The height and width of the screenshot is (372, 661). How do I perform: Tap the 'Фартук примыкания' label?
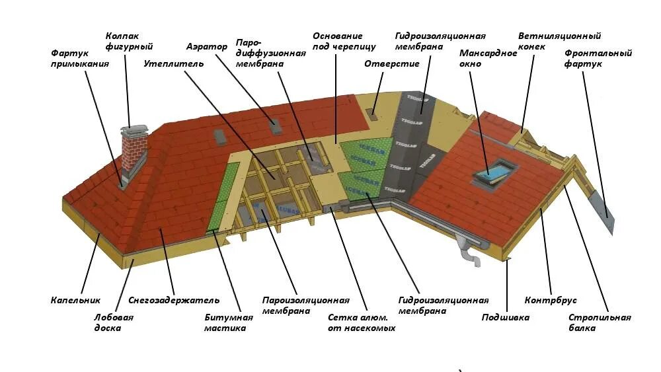(79, 58)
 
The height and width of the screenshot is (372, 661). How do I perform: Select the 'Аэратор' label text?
(206, 47)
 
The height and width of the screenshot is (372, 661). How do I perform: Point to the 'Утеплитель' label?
(174, 63)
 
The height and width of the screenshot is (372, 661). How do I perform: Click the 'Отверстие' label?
(392, 63)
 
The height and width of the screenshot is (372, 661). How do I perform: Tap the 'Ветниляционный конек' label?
(559, 41)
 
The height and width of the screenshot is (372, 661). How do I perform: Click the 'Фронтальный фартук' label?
(598, 58)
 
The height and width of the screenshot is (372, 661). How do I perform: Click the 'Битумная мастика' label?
(228, 322)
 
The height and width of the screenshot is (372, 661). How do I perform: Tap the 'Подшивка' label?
(506, 317)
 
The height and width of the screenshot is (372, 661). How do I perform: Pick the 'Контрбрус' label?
(546, 301)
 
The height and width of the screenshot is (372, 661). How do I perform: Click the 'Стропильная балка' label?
(600, 322)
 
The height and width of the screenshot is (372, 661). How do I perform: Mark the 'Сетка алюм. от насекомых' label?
(361, 322)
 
